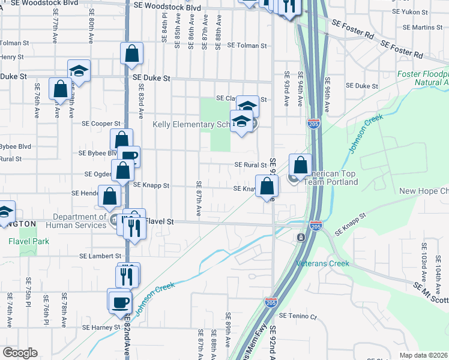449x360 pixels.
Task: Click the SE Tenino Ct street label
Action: [x=298, y=316]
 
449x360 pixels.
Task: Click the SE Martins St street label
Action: [x=423, y=28]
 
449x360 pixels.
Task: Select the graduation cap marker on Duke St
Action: [x=79, y=70]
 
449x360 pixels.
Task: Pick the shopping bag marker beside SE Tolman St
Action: [x=131, y=53]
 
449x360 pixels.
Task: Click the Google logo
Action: [x=20, y=353]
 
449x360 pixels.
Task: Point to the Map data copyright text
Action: [x=424, y=355]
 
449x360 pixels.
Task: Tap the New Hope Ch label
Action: [x=424, y=191]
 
